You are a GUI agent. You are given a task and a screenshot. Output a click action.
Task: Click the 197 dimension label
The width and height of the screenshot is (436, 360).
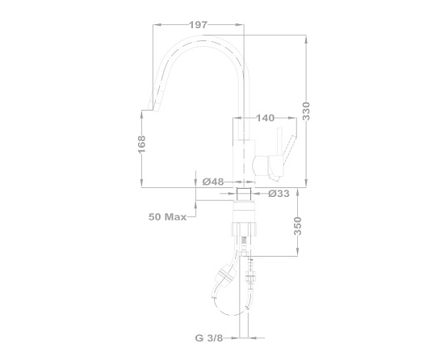click(x=199, y=25)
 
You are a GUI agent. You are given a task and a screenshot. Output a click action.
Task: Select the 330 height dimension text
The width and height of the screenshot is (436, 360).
click(x=306, y=111)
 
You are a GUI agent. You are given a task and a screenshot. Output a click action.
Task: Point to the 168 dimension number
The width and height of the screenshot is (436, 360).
click(x=141, y=144)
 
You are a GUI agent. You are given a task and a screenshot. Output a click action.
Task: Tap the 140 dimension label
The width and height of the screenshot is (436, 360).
click(x=265, y=118)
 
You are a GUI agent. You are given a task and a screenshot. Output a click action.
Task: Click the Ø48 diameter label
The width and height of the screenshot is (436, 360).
click(x=213, y=182)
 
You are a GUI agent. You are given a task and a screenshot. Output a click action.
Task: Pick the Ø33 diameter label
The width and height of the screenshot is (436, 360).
click(x=279, y=193)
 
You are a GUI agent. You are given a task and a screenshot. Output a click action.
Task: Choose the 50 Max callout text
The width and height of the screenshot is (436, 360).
click(x=167, y=217)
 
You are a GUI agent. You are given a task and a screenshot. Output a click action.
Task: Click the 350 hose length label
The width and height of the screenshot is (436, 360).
click(x=297, y=226)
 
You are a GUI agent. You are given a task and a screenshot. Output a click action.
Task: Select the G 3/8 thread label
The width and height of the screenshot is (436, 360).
click(x=209, y=338)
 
